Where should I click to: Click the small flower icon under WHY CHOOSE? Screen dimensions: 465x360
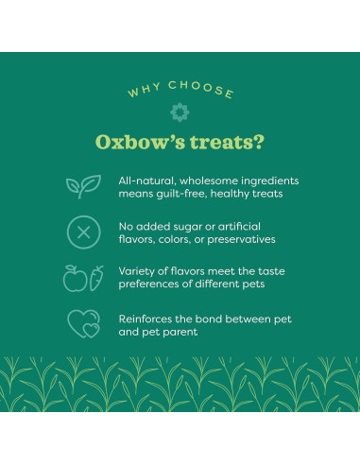point(180,112)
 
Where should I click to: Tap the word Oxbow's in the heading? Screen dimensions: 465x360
point(134,143)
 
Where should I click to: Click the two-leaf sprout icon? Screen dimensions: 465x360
point(82,186)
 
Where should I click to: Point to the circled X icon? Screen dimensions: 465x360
point(82,232)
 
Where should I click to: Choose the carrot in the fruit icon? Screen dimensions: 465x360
point(94,278)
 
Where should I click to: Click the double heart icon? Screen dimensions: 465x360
point(83,324)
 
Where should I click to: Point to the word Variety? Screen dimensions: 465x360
point(138,271)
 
